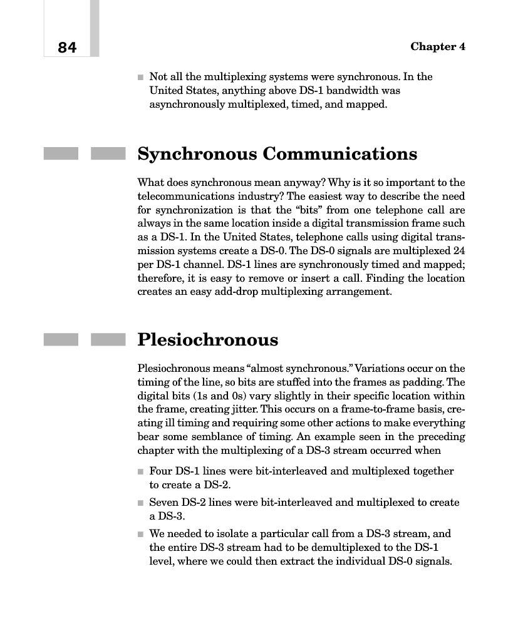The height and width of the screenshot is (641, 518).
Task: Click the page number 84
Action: click(67, 48)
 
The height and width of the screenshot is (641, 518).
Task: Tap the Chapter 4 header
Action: click(437, 47)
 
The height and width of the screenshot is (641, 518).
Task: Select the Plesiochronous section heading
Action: click(207, 340)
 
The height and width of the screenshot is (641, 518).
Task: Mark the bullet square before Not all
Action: click(140, 78)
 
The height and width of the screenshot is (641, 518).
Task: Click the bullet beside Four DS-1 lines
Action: click(140, 471)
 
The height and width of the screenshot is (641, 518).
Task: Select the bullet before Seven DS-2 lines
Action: click(140, 503)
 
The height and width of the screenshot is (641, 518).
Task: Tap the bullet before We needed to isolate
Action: click(140, 534)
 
